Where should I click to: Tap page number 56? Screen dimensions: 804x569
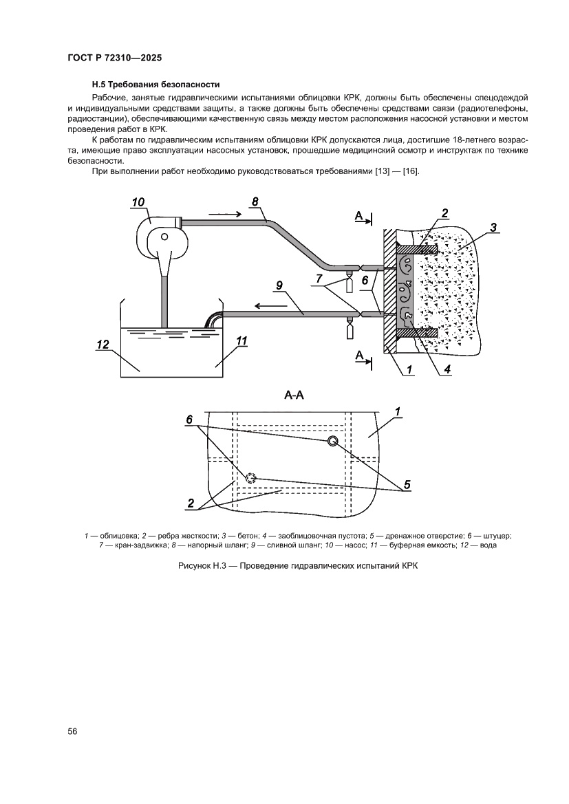click(x=72, y=731)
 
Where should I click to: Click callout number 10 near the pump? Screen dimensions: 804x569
click(x=138, y=202)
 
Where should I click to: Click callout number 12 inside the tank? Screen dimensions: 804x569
click(x=103, y=345)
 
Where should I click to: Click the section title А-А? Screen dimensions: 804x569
click(x=294, y=395)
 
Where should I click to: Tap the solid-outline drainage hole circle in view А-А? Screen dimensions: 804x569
click(x=332, y=442)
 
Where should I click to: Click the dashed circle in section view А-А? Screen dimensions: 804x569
click(x=250, y=477)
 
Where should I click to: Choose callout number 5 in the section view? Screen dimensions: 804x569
click(x=407, y=484)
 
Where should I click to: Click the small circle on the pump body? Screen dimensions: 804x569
click(x=164, y=236)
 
